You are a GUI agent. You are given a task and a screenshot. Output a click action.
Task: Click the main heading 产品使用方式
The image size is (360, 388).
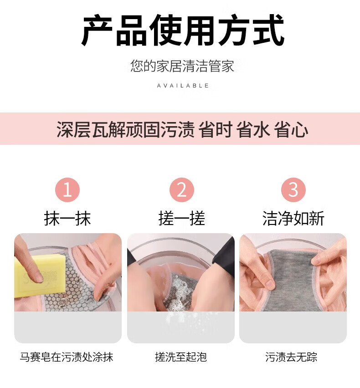coord(183,31)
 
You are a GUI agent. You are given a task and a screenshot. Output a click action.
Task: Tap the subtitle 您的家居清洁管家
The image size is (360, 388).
coord(182,66)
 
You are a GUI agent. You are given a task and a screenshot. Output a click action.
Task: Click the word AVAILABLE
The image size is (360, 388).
coord(183,86)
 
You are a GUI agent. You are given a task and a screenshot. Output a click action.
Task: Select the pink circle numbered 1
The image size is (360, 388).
coord(67,190)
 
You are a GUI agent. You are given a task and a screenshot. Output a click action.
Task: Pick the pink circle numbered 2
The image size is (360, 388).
coord(182,190)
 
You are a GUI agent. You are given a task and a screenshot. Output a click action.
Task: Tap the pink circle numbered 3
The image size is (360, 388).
coord(293,190)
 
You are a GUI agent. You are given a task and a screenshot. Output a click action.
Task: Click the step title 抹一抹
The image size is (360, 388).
coord(67,219)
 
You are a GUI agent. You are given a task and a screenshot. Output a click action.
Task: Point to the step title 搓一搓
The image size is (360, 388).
coord(182,219)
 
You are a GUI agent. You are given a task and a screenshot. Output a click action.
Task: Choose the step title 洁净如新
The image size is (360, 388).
coord(293,219)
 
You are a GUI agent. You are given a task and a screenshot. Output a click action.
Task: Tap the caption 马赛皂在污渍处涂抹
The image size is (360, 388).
coord(67,357)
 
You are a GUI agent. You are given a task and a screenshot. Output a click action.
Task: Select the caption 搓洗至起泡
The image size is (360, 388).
coord(181,357)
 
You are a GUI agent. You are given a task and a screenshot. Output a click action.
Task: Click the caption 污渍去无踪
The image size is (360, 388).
coord(291,357)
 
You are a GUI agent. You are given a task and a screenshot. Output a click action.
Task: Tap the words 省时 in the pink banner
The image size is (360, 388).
coord(216,129)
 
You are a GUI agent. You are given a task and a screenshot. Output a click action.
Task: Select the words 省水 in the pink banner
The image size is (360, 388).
coord(253,129)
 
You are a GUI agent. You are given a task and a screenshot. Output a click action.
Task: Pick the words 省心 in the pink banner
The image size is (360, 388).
coord(291,129)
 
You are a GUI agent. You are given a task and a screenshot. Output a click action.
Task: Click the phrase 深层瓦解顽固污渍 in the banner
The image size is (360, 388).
coord(125,129)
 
